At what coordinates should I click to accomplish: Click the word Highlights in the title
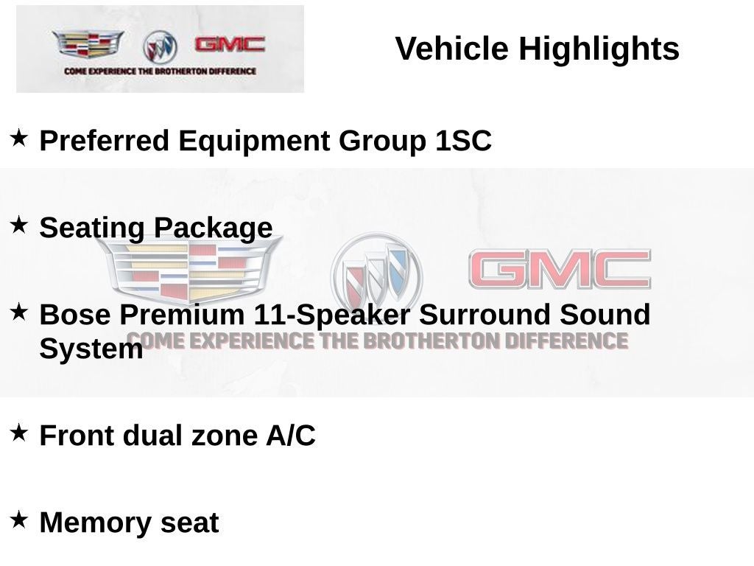599,49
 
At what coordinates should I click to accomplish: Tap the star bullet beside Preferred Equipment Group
19,137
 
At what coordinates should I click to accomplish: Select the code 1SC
462,141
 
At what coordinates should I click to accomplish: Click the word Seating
93,228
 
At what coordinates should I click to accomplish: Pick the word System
91,349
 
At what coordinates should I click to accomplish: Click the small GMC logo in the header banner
229,44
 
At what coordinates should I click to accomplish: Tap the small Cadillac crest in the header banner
88,44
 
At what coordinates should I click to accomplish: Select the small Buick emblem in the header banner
160,47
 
